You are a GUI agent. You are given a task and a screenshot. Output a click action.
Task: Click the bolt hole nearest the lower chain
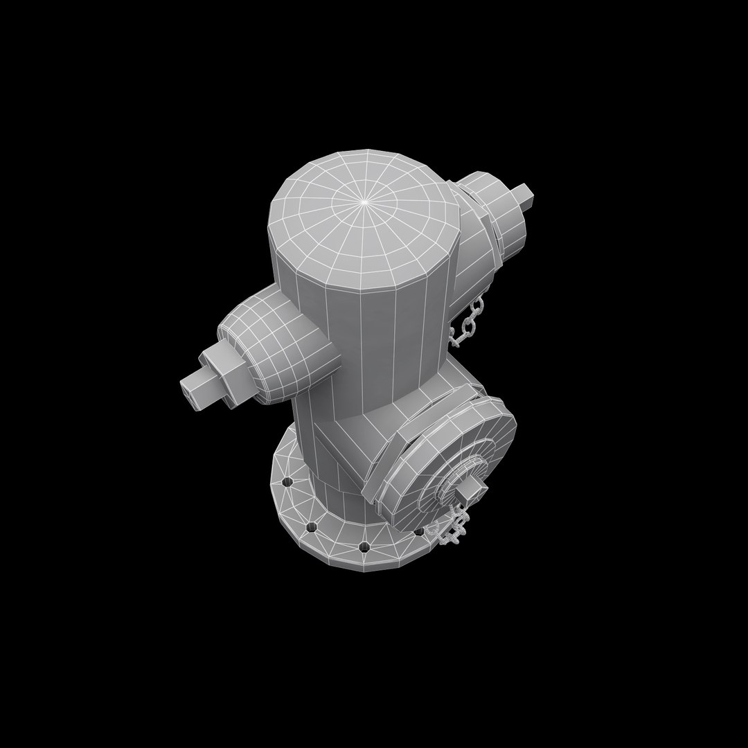point(418,532)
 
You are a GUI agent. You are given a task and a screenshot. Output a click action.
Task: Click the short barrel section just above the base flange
point(326,478)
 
